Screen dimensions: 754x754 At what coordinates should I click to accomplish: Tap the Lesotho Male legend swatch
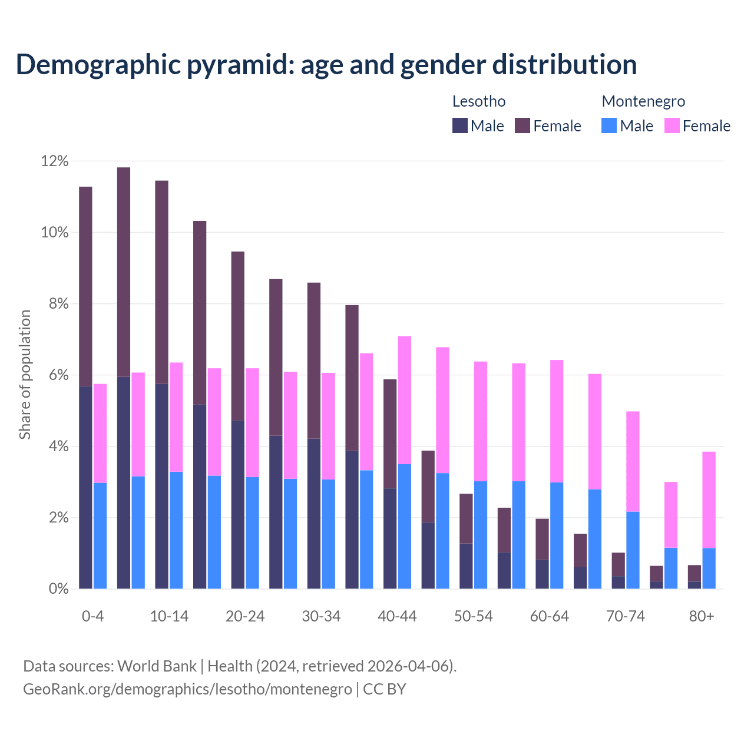tap(459, 125)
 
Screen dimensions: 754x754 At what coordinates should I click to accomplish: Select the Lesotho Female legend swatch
tap(522, 125)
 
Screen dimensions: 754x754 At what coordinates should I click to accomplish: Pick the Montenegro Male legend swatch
tap(609, 125)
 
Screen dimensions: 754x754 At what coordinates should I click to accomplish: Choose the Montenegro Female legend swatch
tap(672, 125)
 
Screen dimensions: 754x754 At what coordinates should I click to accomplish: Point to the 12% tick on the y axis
tap(55, 161)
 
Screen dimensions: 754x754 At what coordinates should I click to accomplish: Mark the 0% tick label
tap(58, 589)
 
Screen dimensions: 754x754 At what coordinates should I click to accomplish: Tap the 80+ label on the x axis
tap(702, 616)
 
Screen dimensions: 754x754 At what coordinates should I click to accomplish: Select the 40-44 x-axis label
tap(397, 616)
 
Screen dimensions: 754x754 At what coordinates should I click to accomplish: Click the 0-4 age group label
tap(92, 616)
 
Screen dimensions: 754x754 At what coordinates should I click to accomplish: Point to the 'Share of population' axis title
tap(25, 375)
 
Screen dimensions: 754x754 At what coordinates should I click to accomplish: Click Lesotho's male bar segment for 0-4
tap(85, 487)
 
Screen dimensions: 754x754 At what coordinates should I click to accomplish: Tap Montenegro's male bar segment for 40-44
tap(405, 526)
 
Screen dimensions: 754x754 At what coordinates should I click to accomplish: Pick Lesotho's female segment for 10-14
tap(161, 282)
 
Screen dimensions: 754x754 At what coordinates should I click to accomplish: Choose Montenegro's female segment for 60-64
tap(557, 421)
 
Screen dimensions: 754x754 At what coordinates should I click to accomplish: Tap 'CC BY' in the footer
tap(384, 689)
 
